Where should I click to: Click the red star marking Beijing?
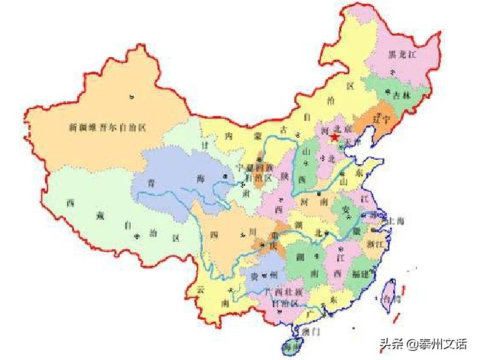334,138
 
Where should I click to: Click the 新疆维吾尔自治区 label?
107,127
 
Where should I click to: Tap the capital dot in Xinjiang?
133,97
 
